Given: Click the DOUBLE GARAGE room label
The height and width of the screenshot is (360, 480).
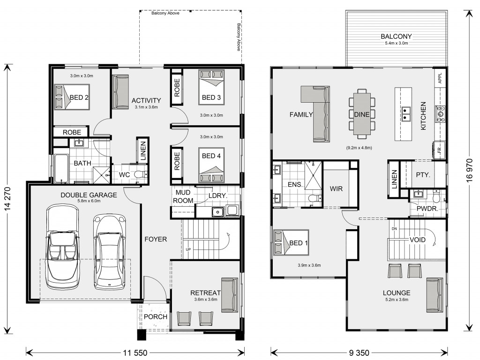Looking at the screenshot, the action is (89, 195).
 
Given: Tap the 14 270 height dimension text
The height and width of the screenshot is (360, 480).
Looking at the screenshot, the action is (7, 198).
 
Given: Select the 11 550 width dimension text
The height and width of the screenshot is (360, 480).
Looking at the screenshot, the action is (135, 353).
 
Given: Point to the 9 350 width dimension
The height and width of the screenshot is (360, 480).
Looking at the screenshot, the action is (359, 353).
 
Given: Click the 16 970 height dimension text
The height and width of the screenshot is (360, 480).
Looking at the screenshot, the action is (470, 170).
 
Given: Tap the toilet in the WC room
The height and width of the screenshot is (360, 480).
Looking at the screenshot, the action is (141, 175).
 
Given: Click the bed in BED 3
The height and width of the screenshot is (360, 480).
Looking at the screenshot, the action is (211, 87).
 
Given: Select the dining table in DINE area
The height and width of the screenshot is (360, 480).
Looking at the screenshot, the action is (362, 114).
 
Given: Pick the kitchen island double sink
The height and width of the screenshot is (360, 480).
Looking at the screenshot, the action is (406, 114).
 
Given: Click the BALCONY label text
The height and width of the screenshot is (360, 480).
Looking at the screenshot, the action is (396, 37).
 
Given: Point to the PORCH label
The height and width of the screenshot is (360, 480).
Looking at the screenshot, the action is (156, 317).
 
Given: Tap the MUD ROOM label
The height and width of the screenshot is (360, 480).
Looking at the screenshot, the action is (183, 196).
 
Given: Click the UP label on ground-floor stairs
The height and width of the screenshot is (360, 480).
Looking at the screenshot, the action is (188, 249).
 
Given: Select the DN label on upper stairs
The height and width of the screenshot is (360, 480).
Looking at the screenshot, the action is (394, 229).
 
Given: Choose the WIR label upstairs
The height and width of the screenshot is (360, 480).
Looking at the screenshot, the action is (336, 189).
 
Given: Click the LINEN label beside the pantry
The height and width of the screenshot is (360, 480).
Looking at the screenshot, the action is (394, 180).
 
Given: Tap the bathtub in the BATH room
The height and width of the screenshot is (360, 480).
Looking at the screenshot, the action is (62, 169).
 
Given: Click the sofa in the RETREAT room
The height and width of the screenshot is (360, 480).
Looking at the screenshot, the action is (230, 295).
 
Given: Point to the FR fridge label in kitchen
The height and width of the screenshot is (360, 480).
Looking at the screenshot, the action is (439, 150).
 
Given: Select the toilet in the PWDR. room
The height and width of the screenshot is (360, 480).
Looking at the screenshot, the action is (436, 196).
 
